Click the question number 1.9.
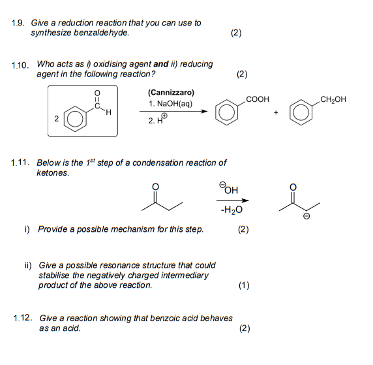point(18,23)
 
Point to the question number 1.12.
point(23,318)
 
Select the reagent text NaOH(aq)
point(173,104)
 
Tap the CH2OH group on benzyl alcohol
point(333,99)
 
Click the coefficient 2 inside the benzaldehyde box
point(57,119)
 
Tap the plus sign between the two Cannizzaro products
point(276,112)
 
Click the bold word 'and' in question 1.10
point(160,65)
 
